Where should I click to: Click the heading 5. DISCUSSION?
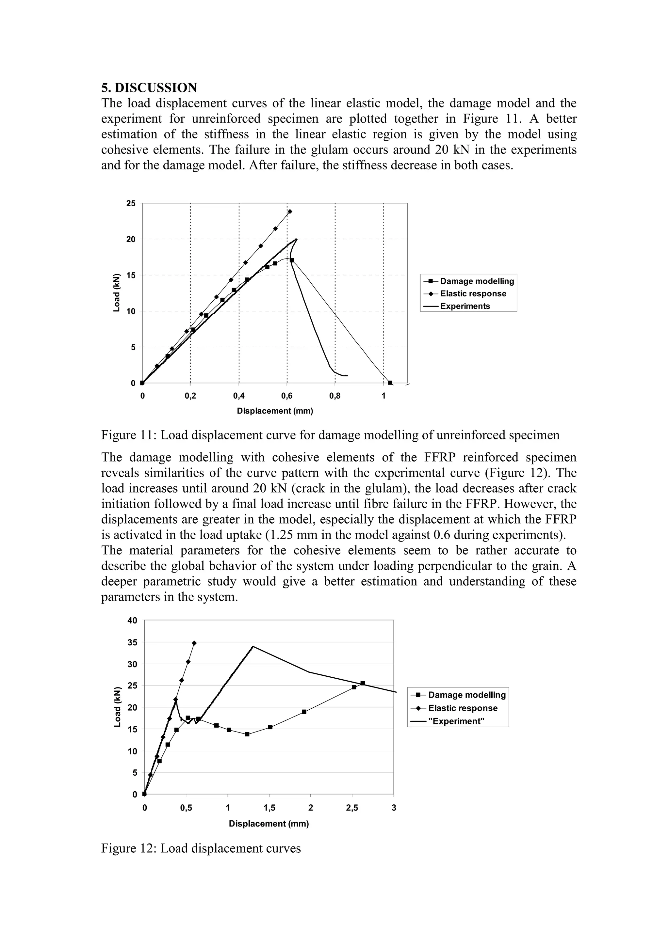pyautogui.click(x=149, y=88)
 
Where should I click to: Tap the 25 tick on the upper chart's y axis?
pyautogui.click(x=131, y=203)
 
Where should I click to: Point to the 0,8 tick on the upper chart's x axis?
pyautogui.click(x=335, y=396)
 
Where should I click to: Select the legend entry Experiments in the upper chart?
pyautogui.click(x=465, y=306)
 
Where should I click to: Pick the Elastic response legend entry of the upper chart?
pyautogui.click(x=473, y=294)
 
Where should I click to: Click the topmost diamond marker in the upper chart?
pyautogui.click(x=290, y=212)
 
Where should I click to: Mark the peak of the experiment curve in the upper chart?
pyautogui.click(x=296, y=239)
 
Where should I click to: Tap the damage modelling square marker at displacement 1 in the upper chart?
pyautogui.click(x=390, y=383)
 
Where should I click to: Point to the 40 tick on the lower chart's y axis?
pyautogui.click(x=132, y=620)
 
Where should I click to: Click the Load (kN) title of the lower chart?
pyautogui.click(x=118, y=707)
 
